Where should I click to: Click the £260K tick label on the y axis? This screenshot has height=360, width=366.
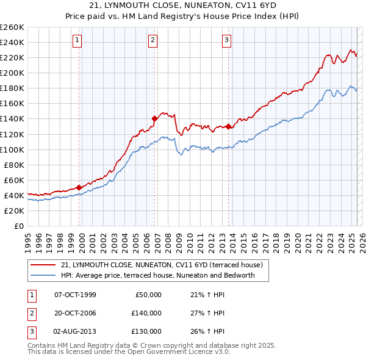[x=12, y=27]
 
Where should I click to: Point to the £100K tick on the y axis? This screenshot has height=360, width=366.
[x=12, y=149]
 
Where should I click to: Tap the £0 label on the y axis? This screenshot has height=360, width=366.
[x=19, y=226]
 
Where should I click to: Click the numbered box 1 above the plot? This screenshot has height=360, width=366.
[x=79, y=41]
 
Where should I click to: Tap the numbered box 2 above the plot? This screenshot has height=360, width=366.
[x=152, y=41]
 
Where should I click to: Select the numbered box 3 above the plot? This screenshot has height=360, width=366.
[x=226, y=41]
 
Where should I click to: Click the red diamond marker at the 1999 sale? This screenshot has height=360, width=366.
[x=79, y=187]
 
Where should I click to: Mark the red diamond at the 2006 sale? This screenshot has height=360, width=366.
[x=155, y=119]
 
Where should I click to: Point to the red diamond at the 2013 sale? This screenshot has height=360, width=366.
[x=228, y=126]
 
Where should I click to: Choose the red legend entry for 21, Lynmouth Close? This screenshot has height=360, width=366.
[x=161, y=265]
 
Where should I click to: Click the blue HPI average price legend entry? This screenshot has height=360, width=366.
[x=165, y=275]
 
